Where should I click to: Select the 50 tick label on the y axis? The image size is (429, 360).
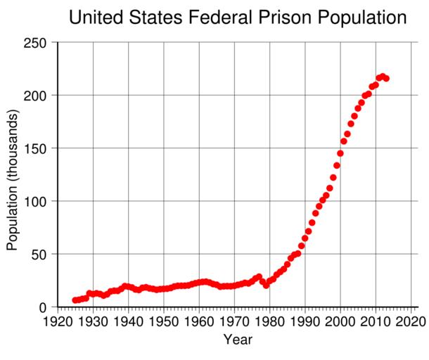point(39,254)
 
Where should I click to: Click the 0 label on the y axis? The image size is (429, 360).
point(43,307)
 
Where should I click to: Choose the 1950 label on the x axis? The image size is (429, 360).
point(164,321)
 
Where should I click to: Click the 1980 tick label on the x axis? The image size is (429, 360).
point(269,321)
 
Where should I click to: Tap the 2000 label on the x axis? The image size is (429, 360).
point(340,321)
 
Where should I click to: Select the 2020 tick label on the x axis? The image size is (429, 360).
point(411,321)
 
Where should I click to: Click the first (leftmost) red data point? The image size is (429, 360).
point(75,300)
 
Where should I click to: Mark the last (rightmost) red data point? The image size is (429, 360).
point(386,78)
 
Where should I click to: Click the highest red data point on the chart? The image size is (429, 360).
point(383,76)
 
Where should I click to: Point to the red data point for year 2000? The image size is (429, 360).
point(340,153)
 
